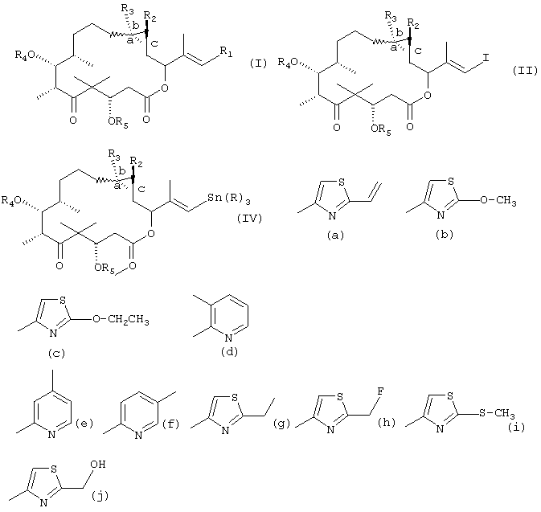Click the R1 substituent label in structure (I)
(227, 51)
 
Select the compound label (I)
(258, 63)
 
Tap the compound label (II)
(525, 71)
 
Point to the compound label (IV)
(249, 218)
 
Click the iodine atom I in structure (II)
(486, 57)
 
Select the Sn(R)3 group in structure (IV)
(229, 199)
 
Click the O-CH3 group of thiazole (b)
(498, 200)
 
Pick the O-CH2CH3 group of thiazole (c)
(121, 319)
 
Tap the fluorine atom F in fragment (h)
(381, 391)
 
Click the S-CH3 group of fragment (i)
(497, 412)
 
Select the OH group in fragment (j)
(97, 464)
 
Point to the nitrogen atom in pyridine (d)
(229, 338)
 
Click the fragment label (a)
(335, 236)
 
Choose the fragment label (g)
(281, 423)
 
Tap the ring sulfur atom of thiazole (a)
(342, 182)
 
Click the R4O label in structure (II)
(288, 62)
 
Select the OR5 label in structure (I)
(117, 122)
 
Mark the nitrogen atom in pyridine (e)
(51, 434)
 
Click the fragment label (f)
(170, 423)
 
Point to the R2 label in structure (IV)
(137, 162)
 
